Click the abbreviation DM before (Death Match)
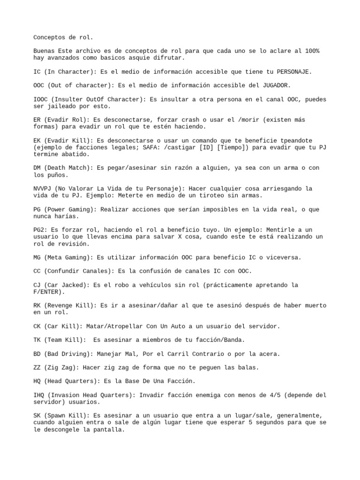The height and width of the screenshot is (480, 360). coord(37,168)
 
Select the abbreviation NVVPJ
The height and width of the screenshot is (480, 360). coord(43,188)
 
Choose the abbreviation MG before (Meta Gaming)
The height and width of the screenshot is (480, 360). coord(37,257)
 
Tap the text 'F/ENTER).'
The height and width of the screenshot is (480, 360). coord(49,292)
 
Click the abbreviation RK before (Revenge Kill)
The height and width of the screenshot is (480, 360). coord(37,305)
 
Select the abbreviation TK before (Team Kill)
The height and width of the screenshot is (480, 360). coord(37,340)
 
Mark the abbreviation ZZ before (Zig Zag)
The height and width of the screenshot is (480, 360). coord(37,367)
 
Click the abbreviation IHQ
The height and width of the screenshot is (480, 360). coord(39,395)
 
